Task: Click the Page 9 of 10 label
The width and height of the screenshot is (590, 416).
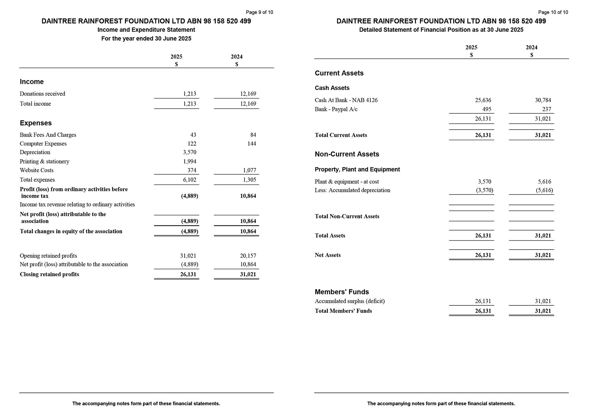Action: [259, 12]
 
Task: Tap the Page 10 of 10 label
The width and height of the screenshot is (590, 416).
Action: [553, 12]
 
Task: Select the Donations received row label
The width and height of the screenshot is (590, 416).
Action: [42, 94]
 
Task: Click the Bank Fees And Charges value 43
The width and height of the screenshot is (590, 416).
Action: [193, 135]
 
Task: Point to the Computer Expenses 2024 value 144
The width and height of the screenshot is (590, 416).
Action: [252, 144]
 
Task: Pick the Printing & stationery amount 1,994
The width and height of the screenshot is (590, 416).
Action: [189, 161]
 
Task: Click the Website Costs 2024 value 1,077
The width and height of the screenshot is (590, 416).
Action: [249, 170]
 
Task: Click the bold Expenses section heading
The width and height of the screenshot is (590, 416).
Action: [36, 123]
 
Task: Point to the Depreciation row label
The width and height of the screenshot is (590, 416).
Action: [35, 152]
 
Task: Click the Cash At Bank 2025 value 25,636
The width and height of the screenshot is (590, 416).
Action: [483, 100]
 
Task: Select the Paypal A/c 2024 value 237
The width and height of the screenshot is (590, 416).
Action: [547, 109]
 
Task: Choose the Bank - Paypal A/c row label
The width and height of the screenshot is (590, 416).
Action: [336, 109]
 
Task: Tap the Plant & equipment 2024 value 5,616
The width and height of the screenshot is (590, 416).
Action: [544, 182]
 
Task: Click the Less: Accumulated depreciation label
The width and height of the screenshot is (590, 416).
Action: [352, 190]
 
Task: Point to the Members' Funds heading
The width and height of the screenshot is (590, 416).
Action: [342, 292]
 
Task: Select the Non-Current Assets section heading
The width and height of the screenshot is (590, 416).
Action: [347, 154]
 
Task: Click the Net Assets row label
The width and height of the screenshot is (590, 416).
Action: [328, 255]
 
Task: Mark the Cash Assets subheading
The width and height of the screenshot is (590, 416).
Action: [332, 88]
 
